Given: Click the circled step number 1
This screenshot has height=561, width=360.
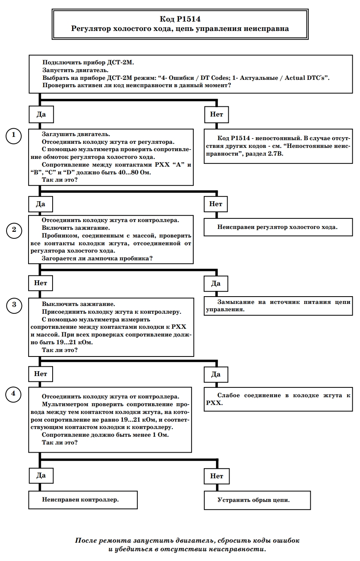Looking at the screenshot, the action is [13, 136].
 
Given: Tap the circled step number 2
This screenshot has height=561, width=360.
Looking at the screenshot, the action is [14, 230].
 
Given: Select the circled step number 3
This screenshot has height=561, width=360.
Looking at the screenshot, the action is [14, 306].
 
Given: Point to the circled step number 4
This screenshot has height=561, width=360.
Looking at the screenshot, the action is [13, 394].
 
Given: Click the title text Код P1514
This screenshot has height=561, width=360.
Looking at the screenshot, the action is [180, 19].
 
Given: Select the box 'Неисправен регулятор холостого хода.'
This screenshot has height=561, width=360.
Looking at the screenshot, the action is [278, 227].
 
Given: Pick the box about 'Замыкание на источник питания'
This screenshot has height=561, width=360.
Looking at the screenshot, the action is [278, 306].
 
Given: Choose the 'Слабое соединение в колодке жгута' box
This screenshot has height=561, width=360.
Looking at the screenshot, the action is [278, 399].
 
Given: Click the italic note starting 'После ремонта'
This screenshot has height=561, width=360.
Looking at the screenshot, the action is [187, 544].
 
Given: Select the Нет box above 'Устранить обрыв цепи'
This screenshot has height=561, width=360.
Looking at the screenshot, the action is [216, 476].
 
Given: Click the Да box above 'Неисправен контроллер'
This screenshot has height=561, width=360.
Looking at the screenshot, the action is [41, 475].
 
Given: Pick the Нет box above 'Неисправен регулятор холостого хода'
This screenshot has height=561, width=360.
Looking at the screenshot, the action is [216, 204].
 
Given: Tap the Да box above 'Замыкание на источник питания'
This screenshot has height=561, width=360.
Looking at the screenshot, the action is [216, 283].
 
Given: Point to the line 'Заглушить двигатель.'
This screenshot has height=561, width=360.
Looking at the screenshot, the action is [76, 134].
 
